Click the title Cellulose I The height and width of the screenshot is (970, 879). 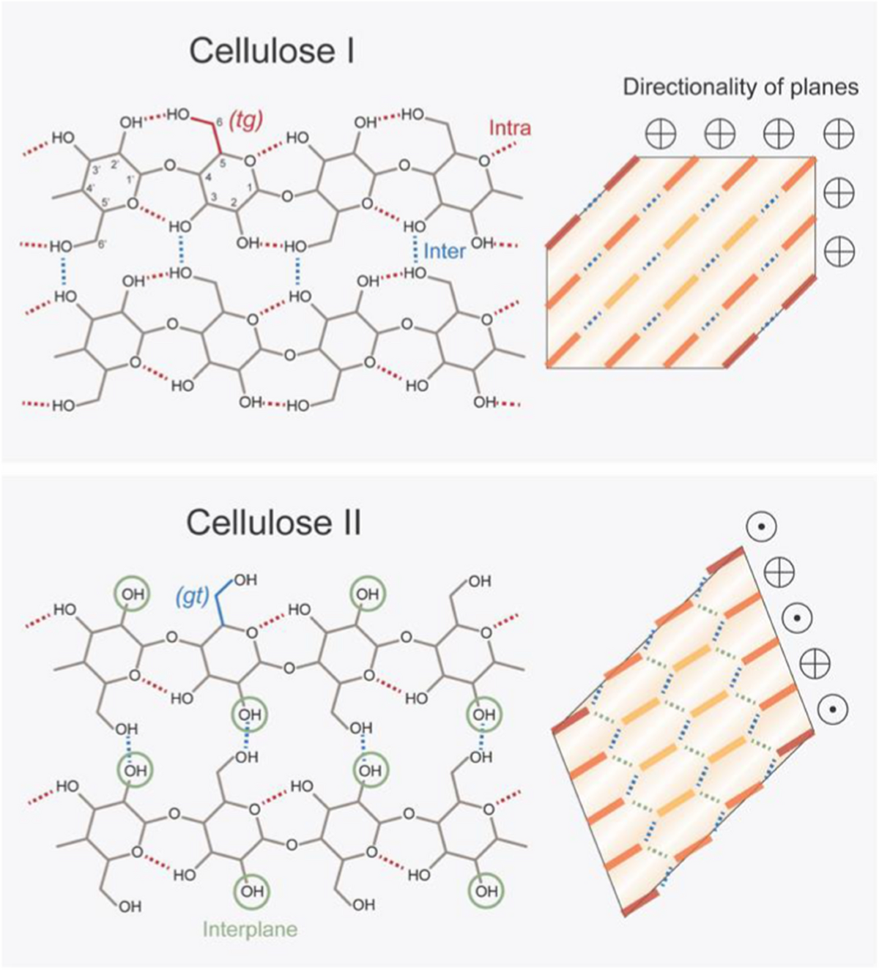pos(272,52)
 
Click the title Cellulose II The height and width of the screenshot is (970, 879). pos(273,523)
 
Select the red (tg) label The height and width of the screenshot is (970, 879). pos(245,120)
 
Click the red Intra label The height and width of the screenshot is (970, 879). pos(510,129)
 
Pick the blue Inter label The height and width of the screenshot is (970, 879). pos(445,251)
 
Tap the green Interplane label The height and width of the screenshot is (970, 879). pos(250,930)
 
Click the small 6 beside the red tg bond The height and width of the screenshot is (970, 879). pos(220,122)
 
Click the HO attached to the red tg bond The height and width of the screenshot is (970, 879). pos(179,115)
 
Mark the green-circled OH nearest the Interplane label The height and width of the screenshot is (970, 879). pos(251,891)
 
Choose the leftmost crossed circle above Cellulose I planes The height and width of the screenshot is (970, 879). pos(661,134)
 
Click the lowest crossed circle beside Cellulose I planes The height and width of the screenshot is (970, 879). pos(839,251)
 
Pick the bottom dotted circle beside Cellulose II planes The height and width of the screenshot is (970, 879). pos(833,708)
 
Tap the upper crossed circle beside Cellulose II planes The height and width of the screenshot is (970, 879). pos(779,571)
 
